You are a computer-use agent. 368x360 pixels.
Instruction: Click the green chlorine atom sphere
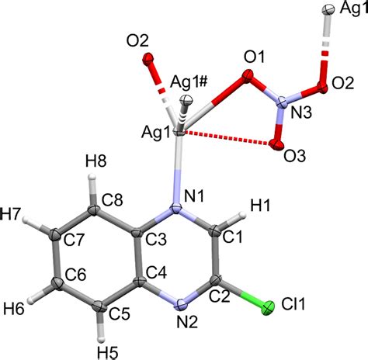coord(268,308)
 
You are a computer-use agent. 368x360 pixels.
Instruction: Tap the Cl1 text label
coord(293,304)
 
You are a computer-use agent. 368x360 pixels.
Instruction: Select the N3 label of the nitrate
coord(300,113)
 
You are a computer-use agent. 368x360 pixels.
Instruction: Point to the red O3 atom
coord(275,144)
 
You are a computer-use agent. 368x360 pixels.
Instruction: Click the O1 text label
coord(255,57)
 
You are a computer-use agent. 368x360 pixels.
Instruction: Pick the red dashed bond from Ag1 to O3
coord(227,138)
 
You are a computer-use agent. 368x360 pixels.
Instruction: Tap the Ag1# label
coord(189,83)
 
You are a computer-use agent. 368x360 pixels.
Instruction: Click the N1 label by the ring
coord(194,196)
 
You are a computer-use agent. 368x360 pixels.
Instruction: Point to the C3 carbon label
coord(156,240)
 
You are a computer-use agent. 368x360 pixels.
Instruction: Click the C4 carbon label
coord(156,272)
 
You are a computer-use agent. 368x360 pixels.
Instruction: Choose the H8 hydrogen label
coord(96,161)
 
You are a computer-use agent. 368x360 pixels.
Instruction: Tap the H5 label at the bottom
coord(108,353)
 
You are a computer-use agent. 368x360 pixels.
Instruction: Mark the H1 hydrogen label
coord(260,206)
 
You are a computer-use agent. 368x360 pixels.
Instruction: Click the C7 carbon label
coord(74,241)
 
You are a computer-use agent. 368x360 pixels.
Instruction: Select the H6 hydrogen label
coord(14,309)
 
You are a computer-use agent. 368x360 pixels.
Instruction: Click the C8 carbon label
coord(112,200)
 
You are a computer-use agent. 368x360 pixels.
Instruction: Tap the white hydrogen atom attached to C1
coord(242,214)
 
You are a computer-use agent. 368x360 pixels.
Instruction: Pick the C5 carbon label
coord(119,314)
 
